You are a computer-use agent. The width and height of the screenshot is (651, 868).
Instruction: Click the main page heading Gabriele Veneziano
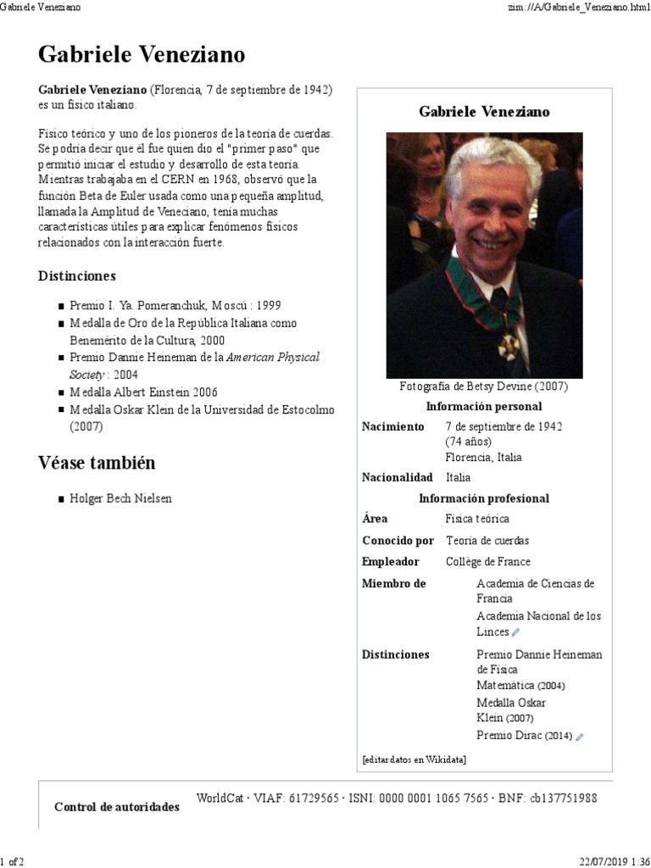[142, 56]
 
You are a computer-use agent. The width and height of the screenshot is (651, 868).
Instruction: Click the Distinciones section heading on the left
[77, 276]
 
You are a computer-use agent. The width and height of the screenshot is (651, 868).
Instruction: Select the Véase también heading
[97, 463]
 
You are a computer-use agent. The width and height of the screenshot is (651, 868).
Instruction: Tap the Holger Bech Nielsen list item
[120, 498]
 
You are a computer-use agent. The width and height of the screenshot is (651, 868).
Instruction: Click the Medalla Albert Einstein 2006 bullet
[143, 392]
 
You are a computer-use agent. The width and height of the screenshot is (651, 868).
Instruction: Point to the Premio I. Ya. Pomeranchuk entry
[175, 305]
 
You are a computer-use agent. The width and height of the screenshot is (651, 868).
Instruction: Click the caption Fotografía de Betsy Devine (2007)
[483, 387]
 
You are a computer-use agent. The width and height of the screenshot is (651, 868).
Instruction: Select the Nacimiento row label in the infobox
[392, 426]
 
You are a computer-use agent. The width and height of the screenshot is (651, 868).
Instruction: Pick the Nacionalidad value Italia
[458, 477]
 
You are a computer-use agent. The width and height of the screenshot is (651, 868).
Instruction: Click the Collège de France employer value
[487, 561]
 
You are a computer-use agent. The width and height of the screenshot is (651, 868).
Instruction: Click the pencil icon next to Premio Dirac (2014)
[580, 737]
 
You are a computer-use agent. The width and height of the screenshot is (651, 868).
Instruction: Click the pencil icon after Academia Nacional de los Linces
[516, 632]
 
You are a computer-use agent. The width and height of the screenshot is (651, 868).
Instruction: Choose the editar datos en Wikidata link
[414, 759]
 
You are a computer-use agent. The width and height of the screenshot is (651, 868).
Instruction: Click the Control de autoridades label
[116, 806]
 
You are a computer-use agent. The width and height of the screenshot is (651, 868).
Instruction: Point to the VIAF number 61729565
[302, 798]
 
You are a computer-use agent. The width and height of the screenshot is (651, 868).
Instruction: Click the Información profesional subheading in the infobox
[483, 498]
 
